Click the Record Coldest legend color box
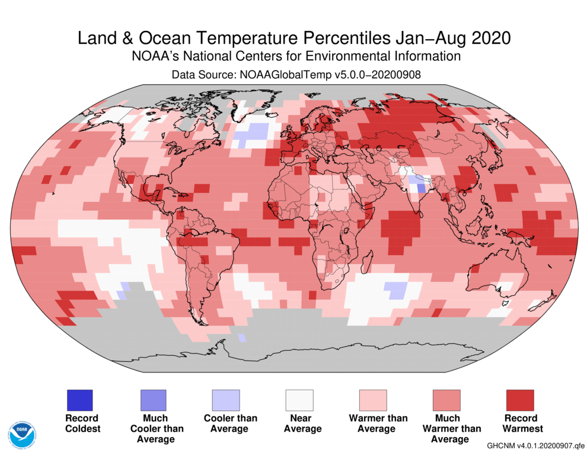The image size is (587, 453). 79,400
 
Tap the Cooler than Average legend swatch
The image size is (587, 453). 226,400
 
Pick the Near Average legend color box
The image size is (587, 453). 299,400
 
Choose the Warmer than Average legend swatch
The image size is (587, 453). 373,400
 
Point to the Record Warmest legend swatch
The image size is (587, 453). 520,400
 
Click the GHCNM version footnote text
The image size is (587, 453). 535,445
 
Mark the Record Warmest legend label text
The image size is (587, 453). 520,423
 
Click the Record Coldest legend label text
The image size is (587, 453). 82,423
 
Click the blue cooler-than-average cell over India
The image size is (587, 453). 420,188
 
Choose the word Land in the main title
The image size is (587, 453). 98,38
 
